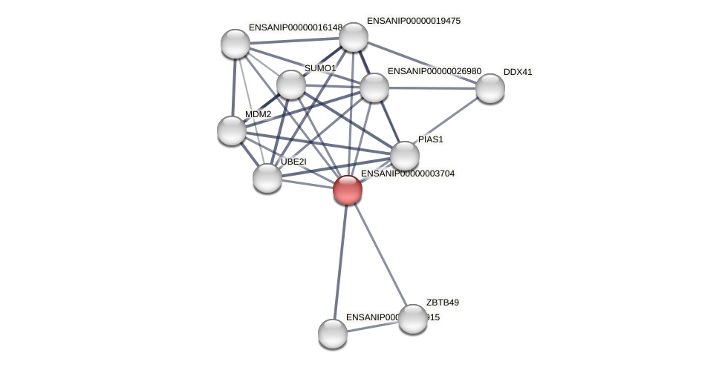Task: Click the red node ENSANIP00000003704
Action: [x=347, y=190]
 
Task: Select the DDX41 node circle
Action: [x=490, y=88]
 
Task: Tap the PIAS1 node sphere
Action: [x=404, y=156]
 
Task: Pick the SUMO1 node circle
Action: [x=290, y=85]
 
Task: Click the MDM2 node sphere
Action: [x=232, y=130]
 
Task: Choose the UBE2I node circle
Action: [x=267, y=178]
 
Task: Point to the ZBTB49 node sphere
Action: [x=412, y=319]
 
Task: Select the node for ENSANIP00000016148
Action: [x=235, y=44]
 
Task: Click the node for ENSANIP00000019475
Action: [x=353, y=37]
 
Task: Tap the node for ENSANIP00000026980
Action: [x=374, y=87]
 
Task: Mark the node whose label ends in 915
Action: [x=332, y=334]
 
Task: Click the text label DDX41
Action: [x=518, y=72]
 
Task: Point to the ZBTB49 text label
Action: [x=443, y=302]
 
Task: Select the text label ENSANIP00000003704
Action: [x=408, y=173]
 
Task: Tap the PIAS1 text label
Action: [x=430, y=139]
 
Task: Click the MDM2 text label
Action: [x=258, y=114]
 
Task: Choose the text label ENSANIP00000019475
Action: [x=414, y=21]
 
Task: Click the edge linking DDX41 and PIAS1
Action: [x=447, y=122]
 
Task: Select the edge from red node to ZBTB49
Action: [x=380, y=254]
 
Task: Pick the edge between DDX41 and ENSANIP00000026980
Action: [x=432, y=88]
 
